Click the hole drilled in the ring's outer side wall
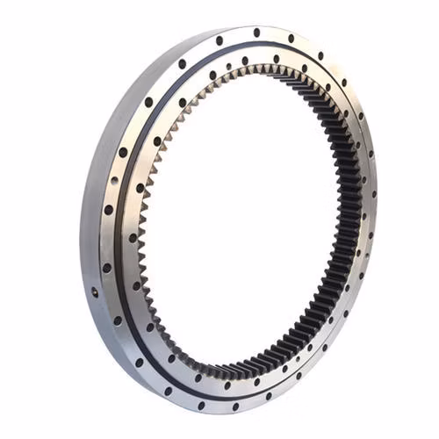tap(94, 291)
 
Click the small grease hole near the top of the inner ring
tap(230, 67)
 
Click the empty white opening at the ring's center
tap(246, 219)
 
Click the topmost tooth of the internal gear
tap(263, 70)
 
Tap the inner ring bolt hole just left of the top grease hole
tap(212, 75)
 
